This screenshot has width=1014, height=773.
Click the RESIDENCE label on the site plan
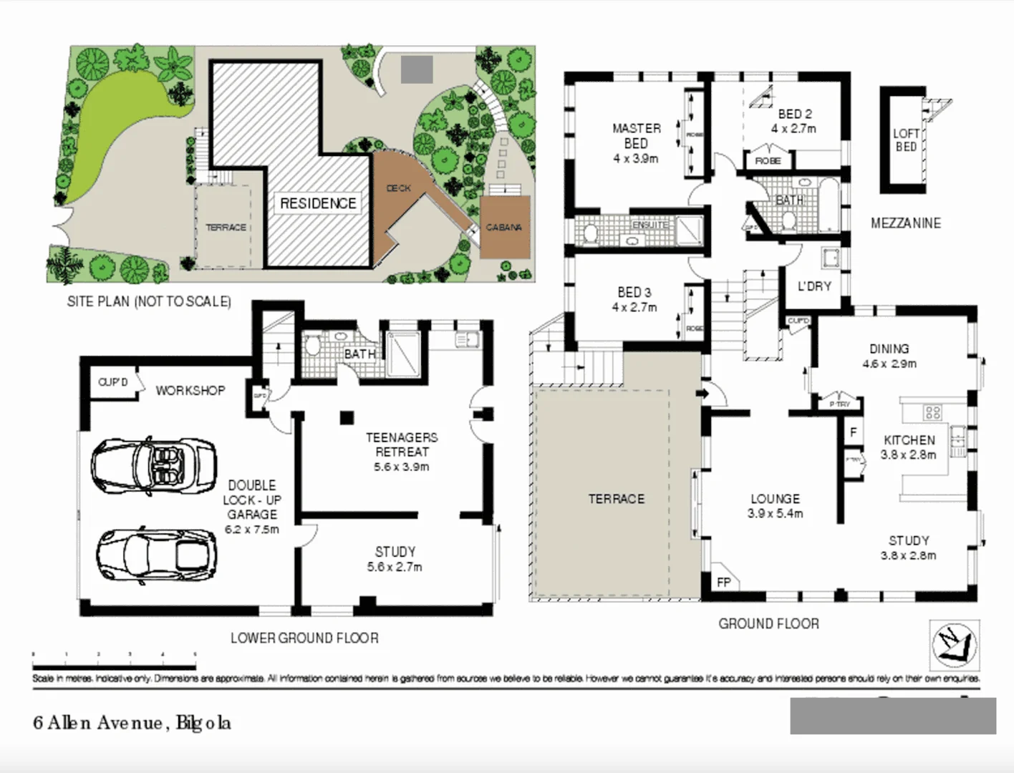point(318,203)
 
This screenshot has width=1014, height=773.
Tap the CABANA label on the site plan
point(503,228)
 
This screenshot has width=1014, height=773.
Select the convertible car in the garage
point(153,465)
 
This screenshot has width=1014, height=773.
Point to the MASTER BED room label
point(636,136)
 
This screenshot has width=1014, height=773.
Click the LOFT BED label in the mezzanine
point(906,140)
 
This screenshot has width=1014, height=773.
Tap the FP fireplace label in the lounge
point(724,582)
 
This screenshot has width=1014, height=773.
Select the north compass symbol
point(953,641)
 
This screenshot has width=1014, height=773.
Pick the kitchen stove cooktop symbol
point(932,412)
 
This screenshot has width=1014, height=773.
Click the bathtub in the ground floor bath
point(830,205)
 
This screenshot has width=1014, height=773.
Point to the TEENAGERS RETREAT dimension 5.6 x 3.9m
point(402,467)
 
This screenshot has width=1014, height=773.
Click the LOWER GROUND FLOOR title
point(304,638)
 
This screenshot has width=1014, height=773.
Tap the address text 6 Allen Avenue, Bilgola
point(132,723)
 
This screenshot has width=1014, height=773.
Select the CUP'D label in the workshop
point(112,382)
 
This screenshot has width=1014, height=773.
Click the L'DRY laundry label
point(814,286)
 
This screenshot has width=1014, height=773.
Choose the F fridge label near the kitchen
point(853,432)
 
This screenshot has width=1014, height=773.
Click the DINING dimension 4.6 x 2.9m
point(889,364)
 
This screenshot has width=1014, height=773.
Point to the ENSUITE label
point(649,225)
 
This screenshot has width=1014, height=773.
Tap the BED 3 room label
point(634,292)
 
